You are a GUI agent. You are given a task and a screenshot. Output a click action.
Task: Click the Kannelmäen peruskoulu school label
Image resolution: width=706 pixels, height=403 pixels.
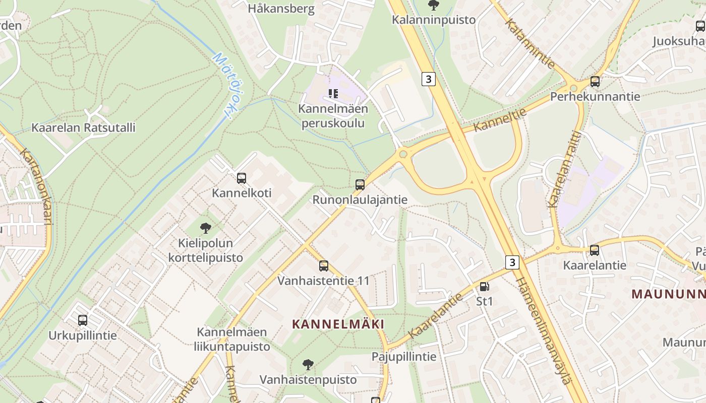pos(333,116)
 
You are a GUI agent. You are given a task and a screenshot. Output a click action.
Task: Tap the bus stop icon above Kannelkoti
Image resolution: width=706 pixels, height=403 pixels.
pos(242,178)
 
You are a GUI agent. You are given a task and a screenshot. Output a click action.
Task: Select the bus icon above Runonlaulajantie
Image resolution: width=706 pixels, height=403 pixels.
pos(360,185)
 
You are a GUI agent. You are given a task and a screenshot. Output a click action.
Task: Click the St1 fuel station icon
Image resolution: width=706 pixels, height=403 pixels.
pos(484,287)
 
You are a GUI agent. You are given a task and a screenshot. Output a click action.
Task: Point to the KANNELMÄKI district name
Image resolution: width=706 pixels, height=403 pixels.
pos(338,324)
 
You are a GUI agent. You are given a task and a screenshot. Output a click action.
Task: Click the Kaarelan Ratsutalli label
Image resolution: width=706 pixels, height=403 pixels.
pos(83,127)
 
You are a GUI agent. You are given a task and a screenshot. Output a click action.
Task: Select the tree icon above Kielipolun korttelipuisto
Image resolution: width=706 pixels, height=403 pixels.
pos(205,228)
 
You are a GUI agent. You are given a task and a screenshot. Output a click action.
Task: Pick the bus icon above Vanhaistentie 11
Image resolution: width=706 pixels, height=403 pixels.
pos(324,265)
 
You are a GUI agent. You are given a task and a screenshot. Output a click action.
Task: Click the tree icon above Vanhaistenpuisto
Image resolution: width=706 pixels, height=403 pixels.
pos(308,365)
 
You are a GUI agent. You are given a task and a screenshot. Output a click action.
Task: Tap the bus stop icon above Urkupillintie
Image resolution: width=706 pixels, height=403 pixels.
pos(83,320)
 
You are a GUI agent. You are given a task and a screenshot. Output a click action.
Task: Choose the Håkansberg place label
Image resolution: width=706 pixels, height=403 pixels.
pos(281,9)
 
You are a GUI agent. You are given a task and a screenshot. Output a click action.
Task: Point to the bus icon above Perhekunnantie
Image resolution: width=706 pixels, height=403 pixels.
pos(595,81)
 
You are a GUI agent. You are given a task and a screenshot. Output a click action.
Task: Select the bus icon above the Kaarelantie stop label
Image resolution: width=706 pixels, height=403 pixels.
pos(595,250)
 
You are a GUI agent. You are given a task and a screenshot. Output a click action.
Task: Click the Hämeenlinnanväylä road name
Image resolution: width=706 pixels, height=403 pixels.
pos(544,330)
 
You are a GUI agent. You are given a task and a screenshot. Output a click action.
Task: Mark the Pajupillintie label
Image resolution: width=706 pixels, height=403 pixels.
pos(404,357)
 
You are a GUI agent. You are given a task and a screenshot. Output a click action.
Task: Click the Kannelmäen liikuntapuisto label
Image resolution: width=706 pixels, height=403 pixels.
pos(232,339)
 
